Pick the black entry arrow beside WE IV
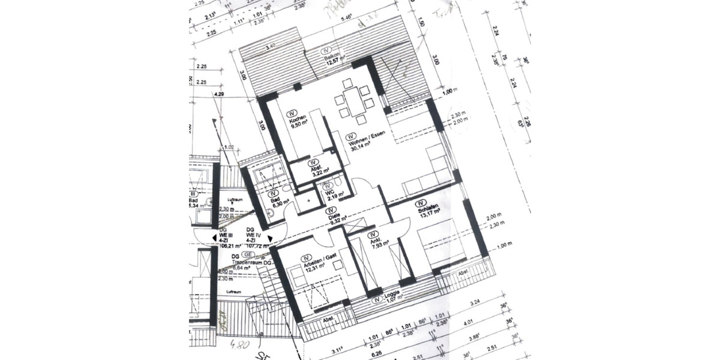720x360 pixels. coord(270,239)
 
